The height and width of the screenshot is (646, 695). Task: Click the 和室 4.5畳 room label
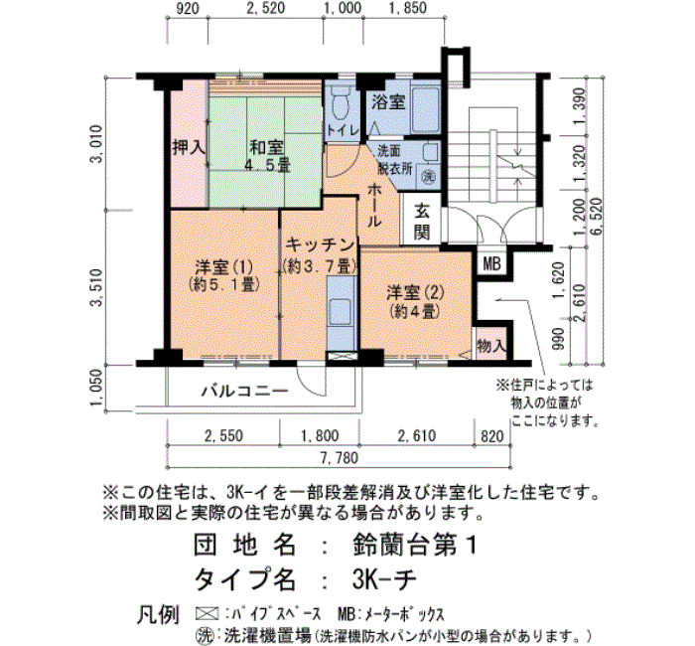pyautogui.click(x=267, y=156)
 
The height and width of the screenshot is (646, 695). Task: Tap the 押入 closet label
pyautogui.click(x=189, y=147)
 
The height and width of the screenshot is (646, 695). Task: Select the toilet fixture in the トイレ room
pyautogui.click(x=341, y=102)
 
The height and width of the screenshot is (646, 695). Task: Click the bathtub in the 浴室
pyautogui.click(x=425, y=109)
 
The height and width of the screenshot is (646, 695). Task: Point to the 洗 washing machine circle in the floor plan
pyautogui.click(x=428, y=176)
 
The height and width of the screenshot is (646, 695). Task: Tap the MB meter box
pyautogui.click(x=491, y=264)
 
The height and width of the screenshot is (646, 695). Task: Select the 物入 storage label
pyautogui.click(x=491, y=345)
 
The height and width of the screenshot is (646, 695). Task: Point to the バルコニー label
pyautogui.click(x=244, y=391)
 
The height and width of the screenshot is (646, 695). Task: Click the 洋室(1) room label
pyautogui.click(x=223, y=275)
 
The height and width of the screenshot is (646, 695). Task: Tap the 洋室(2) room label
pyautogui.click(x=415, y=302)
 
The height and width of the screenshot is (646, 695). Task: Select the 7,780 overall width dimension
pyautogui.click(x=340, y=457)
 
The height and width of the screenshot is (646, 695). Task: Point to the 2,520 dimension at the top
pyautogui.click(x=265, y=8)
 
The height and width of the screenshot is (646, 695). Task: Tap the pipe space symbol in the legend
pyautogui.click(x=207, y=613)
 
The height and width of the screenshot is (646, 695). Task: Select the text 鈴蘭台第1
pyautogui.click(x=414, y=544)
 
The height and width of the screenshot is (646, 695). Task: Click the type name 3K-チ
pyautogui.click(x=384, y=578)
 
